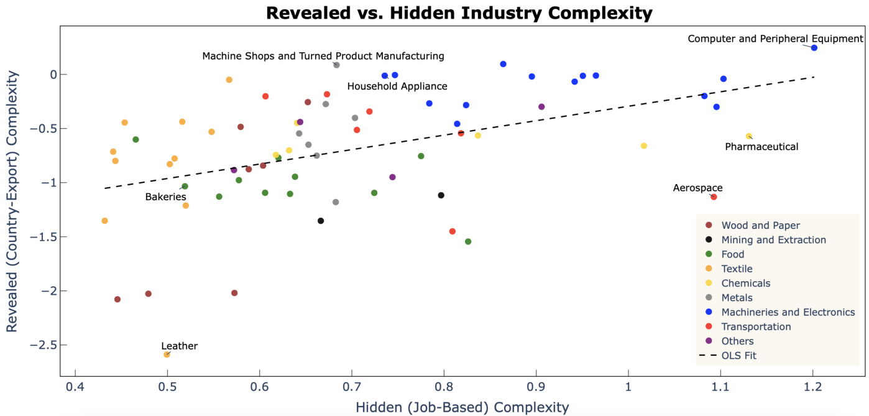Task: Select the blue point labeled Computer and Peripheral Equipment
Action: click(814, 48)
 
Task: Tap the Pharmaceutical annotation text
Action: click(761, 147)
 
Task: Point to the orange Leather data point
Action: click(167, 354)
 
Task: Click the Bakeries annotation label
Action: click(165, 196)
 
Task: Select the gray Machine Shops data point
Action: click(336, 65)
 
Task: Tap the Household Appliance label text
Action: click(397, 86)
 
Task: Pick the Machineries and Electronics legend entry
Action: click(788, 312)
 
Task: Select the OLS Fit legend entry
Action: click(738, 356)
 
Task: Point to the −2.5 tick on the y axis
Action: click(46, 344)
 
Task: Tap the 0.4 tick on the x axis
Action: click(75, 390)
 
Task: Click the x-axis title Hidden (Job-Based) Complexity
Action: click(462, 407)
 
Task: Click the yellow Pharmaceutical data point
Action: click(748, 136)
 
